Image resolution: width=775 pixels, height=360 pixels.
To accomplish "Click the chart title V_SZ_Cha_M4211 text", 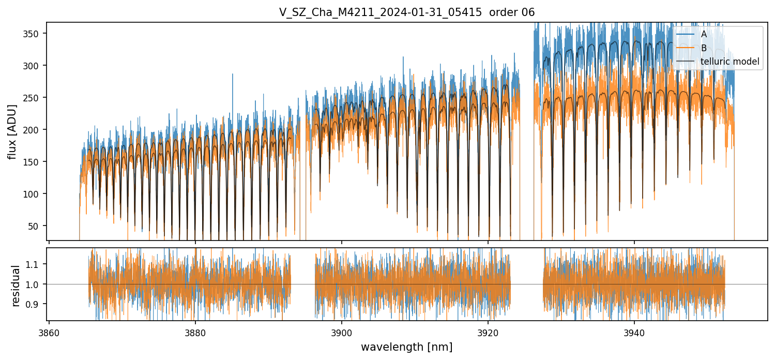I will (x=406, y=12).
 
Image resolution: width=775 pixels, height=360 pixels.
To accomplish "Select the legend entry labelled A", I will (x=704, y=35).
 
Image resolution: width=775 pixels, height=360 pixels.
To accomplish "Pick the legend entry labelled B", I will (x=704, y=48).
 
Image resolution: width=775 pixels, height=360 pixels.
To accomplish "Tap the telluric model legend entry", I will (x=730, y=62).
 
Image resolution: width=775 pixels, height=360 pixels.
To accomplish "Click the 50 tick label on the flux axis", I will (x=37, y=226).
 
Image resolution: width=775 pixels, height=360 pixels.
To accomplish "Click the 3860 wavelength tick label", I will (x=49, y=332).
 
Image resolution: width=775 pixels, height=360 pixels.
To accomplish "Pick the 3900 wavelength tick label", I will (x=342, y=332).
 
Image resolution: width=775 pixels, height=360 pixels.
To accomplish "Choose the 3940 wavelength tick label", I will (x=634, y=332).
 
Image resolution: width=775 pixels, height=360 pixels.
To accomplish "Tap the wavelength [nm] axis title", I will (x=406, y=347).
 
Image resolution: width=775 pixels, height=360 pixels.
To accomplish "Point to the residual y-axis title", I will (x=16, y=286).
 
